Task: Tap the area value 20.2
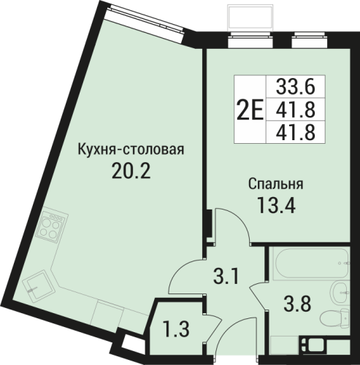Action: click(x=131, y=170)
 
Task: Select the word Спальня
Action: click(x=276, y=184)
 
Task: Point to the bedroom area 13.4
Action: click(x=276, y=205)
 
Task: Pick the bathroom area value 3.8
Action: click(x=297, y=304)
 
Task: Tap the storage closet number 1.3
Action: click(x=176, y=329)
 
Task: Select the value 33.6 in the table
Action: click(x=296, y=87)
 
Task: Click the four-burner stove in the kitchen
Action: click(x=50, y=226)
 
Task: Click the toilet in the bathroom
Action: click(x=334, y=316)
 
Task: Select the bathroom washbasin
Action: click(x=340, y=292)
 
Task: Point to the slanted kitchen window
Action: click(x=145, y=18)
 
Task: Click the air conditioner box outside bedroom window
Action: click(x=250, y=18)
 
